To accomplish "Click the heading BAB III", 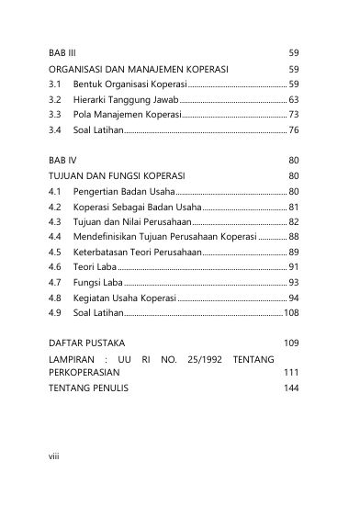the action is coord(63,52).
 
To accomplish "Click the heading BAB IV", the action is coord(63,159).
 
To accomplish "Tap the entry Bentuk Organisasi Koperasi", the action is coord(124,84).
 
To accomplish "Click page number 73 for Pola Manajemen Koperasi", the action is coord(294,115).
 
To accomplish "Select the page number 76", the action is coord(294,130).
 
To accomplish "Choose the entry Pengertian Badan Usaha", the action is coord(121,191).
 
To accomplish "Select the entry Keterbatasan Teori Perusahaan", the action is coord(138,252).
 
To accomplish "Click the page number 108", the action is coord(291,313).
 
